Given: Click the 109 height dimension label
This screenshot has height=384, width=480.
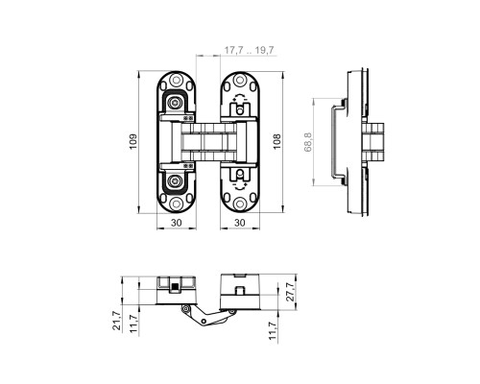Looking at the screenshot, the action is (x=133, y=141).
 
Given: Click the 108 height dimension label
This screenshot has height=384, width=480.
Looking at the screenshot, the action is (x=276, y=141).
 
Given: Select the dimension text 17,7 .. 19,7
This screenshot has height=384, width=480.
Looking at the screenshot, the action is (x=249, y=50).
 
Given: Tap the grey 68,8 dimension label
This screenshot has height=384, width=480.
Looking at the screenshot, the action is (x=308, y=141).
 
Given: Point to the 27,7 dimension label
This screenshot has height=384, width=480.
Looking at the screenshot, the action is (x=290, y=292).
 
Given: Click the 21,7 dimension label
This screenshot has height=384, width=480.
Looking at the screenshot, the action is (x=117, y=321).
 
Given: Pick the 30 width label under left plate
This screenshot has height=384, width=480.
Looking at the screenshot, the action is (x=177, y=223).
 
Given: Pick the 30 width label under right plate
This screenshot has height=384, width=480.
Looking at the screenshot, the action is (x=240, y=223).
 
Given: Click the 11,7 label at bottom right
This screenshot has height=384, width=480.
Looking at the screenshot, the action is (x=272, y=331).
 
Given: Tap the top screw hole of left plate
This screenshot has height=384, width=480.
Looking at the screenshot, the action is (x=176, y=80).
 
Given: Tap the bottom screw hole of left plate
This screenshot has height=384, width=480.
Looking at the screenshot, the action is (x=176, y=204).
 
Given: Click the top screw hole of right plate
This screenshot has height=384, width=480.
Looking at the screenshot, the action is (x=239, y=80).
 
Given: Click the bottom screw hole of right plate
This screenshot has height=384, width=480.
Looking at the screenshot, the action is (x=239, y=204).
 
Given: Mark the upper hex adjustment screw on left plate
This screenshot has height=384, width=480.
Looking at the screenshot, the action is (x=175, y=103).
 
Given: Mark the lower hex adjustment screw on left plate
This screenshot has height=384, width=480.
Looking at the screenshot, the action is (x=175, y=181).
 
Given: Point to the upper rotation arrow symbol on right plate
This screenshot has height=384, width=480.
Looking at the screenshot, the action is (x=239, y=97).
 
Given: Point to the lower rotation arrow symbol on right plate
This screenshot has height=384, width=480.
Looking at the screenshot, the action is (x=239, y=186).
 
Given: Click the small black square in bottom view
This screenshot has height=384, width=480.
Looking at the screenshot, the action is (x=175, y=286).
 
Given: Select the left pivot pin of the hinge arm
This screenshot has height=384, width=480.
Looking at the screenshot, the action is (x=185, y=308).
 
